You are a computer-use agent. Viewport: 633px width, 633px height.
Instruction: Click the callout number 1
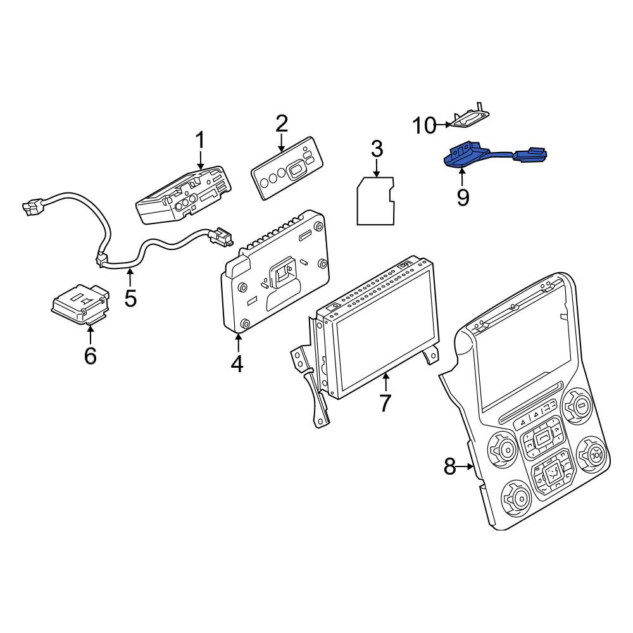(x=200, y=141)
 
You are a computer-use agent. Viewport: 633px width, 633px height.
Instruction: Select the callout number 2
(x=282, y=124)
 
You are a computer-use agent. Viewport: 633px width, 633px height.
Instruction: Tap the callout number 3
(x=377, y=149)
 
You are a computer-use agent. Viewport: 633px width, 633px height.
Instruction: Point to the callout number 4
(x=237, y=363)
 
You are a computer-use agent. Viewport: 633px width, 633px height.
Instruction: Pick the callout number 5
(x=130, y=298)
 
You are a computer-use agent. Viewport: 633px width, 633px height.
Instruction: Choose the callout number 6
(x=90, y=355)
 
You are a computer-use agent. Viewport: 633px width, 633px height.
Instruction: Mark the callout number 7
(x=385, y=403)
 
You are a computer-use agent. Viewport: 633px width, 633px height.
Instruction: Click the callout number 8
(x=449, y=467)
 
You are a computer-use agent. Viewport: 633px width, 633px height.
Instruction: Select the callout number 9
(x=463, y=197)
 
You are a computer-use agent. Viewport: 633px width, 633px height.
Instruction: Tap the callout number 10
(x=424, y=125)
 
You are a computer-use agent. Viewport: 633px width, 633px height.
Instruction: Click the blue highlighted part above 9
(x=493, y=156)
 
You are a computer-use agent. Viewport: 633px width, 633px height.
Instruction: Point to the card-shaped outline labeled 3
(x=375, y=201)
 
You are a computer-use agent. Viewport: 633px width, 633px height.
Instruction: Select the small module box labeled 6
(x=81, y=304)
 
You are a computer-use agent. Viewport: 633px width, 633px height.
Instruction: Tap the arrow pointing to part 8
(x=466, y=467)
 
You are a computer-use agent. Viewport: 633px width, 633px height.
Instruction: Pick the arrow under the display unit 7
(x=386, y=382)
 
